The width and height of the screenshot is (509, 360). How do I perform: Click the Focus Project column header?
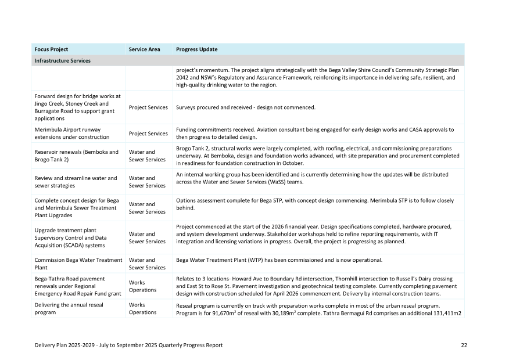click(51, 49)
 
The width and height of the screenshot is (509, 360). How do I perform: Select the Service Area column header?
click(144, 49)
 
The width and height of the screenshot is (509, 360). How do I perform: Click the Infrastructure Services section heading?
click(62, 60)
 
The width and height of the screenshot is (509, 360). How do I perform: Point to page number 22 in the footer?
click(464, 345)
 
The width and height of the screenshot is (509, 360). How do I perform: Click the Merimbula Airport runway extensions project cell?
click(72, 133)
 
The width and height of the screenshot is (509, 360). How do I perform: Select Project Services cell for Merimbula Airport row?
click(148, 134)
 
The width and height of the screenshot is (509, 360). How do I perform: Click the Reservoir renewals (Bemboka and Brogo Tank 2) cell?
click(76, 156)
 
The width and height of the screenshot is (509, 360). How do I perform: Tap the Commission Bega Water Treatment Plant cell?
click(78, 264)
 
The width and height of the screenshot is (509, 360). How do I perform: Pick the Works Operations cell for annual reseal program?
click(142, 308)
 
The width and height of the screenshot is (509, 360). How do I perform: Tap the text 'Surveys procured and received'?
click(214, 107)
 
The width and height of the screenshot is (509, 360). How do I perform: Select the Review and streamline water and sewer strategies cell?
click(76, 182)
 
